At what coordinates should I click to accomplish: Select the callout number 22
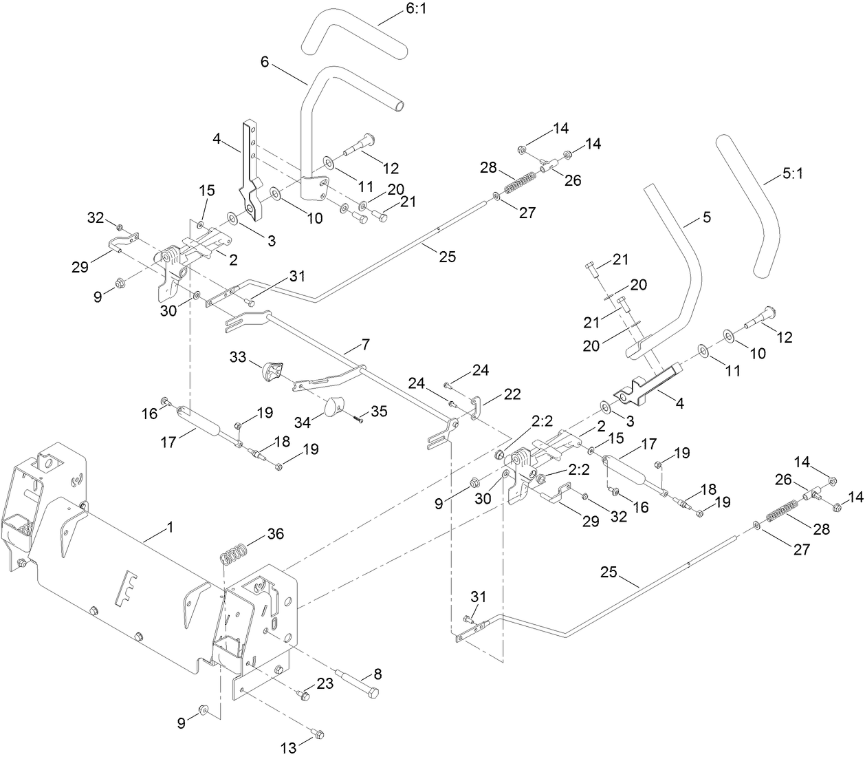click(512, 394)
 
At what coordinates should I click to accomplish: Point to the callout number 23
click(325, 683)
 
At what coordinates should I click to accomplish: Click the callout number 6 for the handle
click(265, 61)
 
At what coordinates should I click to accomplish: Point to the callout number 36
click(275, 533)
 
